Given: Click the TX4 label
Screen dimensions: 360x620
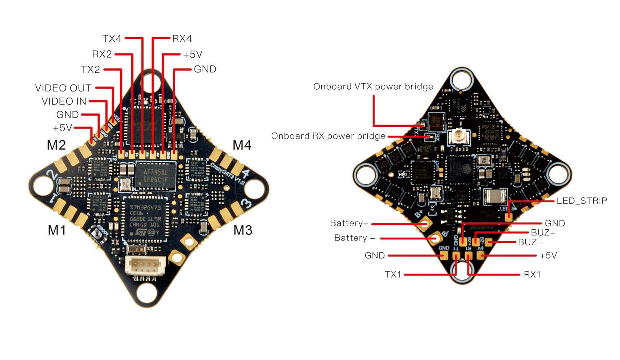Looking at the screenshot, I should point(112,39).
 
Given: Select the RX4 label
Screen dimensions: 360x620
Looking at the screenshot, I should point(182,39).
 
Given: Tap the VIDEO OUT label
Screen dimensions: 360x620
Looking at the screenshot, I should point(63,88).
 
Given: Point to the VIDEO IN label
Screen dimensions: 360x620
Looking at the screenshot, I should point(64,102).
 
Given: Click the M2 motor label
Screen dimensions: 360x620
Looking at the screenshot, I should point(56,145).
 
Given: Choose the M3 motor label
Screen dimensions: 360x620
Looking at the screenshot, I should point(243,230).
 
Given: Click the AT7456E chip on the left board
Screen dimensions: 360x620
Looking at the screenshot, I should point(156,176).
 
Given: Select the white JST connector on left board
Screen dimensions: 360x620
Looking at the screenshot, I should point(145,267).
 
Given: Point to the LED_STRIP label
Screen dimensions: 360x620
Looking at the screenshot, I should point(581,201).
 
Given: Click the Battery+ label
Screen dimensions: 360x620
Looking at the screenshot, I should point(349,223).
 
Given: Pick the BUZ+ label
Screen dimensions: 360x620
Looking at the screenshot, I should point(543,233).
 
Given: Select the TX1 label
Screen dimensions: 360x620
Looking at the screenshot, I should point(393,274).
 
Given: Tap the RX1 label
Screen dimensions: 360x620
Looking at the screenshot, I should point(532,274).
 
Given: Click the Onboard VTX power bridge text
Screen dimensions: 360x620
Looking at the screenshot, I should point(373,86).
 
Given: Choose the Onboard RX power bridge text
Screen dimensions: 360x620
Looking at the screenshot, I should point(328,136).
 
